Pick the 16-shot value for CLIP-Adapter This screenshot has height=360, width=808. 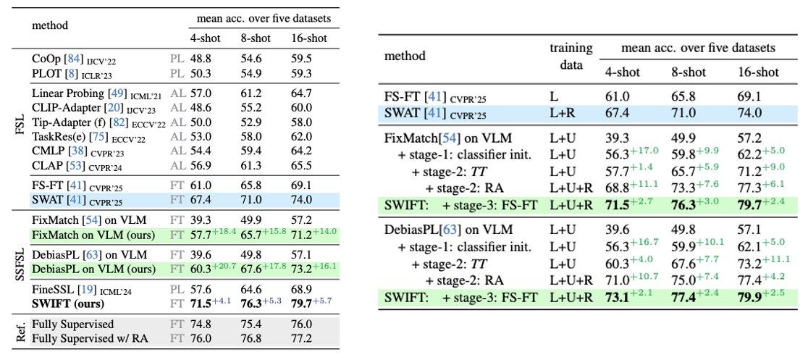(x=298, y=106)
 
